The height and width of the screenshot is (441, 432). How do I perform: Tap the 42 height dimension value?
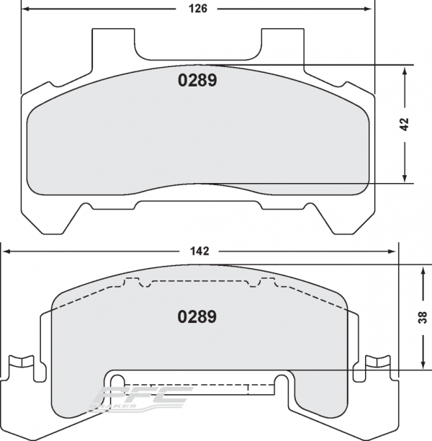click(405, 124)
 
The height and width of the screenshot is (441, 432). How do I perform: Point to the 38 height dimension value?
click(423, 316)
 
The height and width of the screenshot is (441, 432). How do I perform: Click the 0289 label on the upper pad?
click(197, 81)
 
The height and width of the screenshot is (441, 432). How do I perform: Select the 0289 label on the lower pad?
click(197, 316)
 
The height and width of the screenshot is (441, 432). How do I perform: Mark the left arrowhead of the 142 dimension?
click(7, 251)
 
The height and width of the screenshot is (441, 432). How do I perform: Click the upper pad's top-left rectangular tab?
click(114, 43)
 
